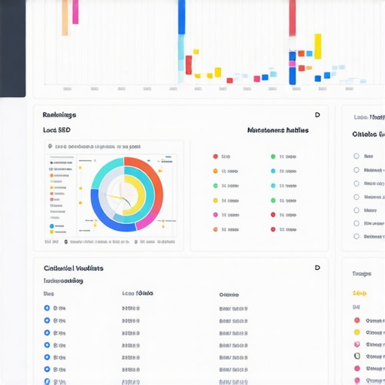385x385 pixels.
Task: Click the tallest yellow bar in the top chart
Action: coord(317,46)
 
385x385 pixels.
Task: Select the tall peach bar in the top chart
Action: coord(65,17)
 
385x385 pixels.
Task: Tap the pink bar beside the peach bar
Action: coord(75,11)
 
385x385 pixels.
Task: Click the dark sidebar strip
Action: coord(13,49)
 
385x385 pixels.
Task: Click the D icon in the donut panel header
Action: coord(317,115)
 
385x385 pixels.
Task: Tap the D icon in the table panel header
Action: coord(317,268)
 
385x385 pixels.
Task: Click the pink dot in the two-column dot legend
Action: coord(216,215)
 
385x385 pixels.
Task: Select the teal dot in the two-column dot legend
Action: coord(273,186)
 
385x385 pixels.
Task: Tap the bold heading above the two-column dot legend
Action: coord(277,130)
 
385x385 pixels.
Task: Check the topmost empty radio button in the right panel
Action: coord(356,156)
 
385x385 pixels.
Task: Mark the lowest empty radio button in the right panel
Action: coord(356,236)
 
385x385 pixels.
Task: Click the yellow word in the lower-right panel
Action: coord(359,293)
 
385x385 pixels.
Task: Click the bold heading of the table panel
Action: coord(74,268)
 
